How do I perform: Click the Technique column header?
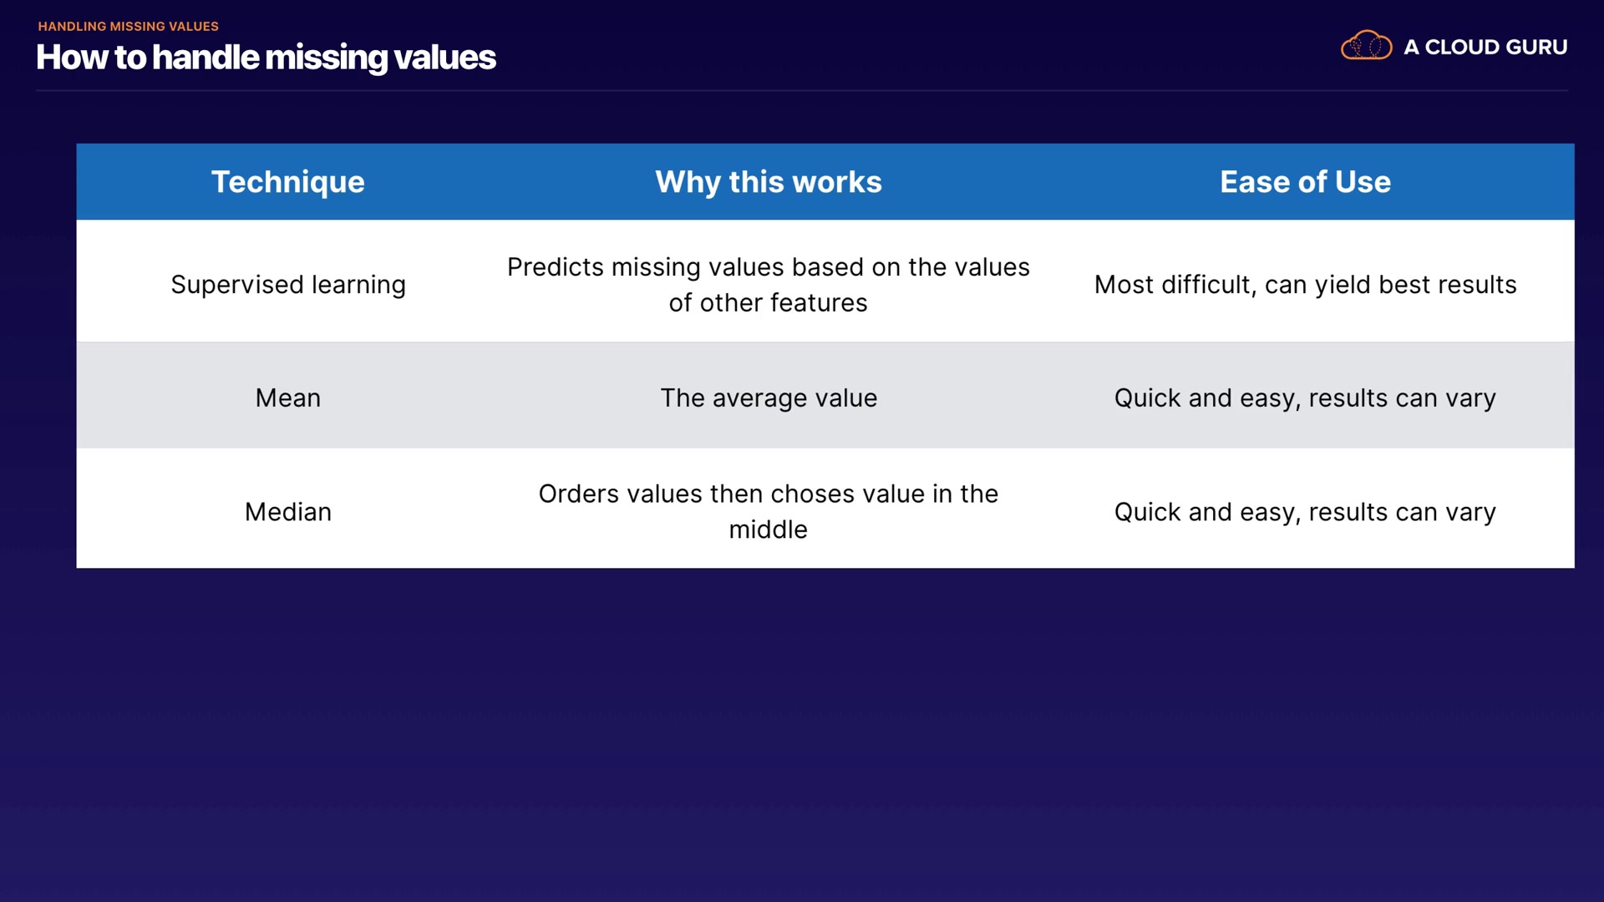[x=287, y=182]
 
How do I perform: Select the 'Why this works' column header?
[x=768, y=182]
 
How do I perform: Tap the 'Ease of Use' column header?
[x=1305, y=182]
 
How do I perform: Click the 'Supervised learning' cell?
[x=288, y=285]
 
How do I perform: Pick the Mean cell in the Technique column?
[x=288, y=398]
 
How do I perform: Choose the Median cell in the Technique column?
[x=288, y=511]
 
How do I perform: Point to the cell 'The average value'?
[x=769, y=398]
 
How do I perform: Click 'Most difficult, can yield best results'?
[x=1305, y=285]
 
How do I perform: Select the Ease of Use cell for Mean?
[x=1305, y=398]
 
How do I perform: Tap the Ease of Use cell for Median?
[x=1305, y=512]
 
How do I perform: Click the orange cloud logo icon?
[x=1366, y=45]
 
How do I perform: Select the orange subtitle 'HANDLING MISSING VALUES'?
[x=128, y=26]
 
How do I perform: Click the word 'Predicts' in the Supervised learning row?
[x=556, y=267]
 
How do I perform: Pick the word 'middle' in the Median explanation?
[x=768, y=530]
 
